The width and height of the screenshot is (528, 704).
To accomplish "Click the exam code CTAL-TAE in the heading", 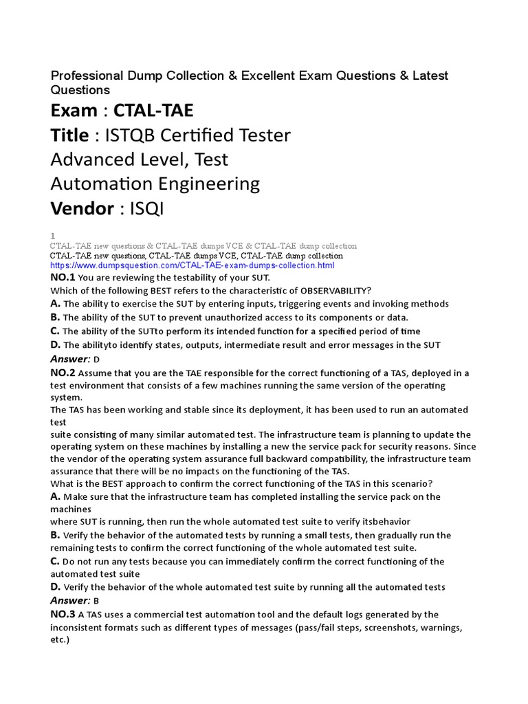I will pos(153,110).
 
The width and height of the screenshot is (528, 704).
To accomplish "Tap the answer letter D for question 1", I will pos(97,360).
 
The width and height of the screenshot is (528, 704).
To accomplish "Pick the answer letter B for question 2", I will pos(97,600).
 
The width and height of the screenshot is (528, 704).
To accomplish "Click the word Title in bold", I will pos(69,135).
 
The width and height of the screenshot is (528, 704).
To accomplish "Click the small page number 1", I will pos(53,235).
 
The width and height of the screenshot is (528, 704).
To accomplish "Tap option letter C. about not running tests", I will pos(56,561).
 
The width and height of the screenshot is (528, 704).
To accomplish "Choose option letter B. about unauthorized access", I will pos(56,317).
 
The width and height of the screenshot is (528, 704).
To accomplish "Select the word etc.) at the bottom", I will pos(60,639).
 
